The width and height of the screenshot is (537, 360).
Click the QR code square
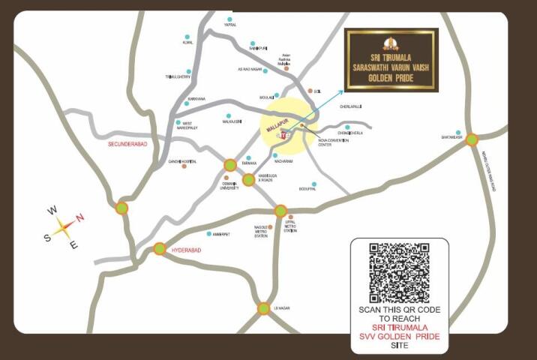(x=399, y=272)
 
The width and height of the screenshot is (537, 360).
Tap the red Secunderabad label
(x=130, y=142)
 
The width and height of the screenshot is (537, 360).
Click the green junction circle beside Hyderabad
(x=160, y=249)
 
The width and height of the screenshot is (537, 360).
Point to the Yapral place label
(x=230, y=25)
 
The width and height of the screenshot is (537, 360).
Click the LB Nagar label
(x=281, y=307)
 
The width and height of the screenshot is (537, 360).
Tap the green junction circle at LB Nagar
(x=264, y=308)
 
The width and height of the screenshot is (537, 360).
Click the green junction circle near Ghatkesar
(x=472, y=139)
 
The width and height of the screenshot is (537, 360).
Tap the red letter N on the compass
(x=80, y=217)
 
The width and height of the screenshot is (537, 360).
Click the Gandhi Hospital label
(x=181, y=161)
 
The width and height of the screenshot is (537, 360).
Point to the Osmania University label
(x=230, y=187)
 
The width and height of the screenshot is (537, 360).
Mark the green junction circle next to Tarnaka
(x=230, y=165)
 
